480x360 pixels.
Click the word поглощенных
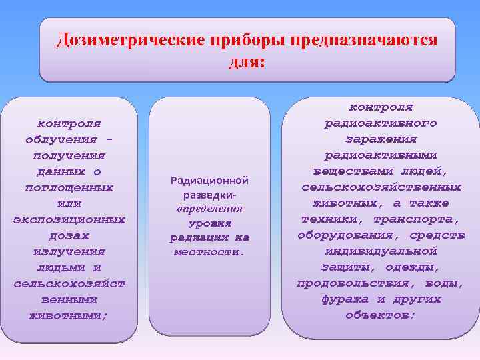pyautogui.click(x=69, y=187)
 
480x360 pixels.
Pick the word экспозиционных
pyautogui.click(x=69, y=219)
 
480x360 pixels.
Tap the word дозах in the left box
pyautogui.click(x=69, y=235)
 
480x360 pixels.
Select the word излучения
pyautogui.click(x=69, y=251)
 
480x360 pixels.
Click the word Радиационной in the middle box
pyautogui.click(x=209, y=181)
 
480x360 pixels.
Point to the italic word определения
pyautogui.click(x=209, y=209)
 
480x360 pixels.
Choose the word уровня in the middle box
pyautogui.click(x=209, y=223)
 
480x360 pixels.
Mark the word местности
pyautogui.click(x=209, y=252)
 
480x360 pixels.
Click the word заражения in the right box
pyautogui.click(x=381, y=139)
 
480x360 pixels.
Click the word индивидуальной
pyautogui.click(x=381, y=251)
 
